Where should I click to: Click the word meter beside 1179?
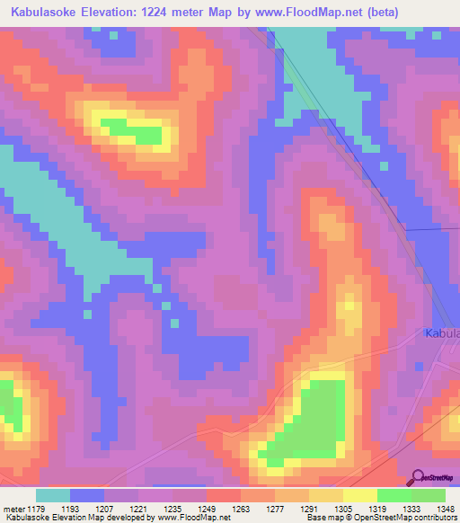tap(13, 509)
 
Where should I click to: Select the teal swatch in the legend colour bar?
tap(53, 495)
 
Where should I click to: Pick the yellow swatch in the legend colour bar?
tap(360, 495)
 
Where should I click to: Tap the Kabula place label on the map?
tap(441, 333)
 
